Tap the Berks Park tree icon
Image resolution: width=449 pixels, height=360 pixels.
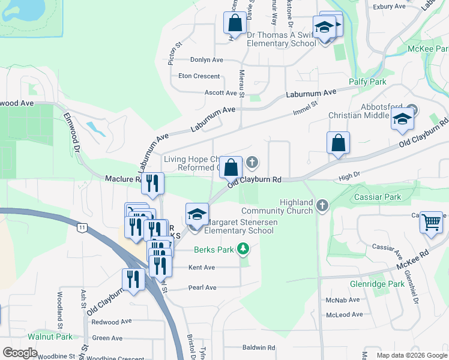[243, 248]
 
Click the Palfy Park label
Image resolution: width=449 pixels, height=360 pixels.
[367, 82]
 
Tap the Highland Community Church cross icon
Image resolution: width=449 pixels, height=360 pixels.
[322, 206]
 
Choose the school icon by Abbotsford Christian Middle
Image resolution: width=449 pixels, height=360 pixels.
[402, 119]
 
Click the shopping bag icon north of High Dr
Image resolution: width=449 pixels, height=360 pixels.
[338, 143]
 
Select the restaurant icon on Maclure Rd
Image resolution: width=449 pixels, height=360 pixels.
[152, 182]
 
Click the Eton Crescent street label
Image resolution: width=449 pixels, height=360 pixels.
[199, 76]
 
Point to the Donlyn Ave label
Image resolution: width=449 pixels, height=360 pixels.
[206, 60]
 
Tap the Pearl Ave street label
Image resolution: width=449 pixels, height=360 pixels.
[202, 287]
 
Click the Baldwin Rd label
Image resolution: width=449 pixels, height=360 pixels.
[258, 347]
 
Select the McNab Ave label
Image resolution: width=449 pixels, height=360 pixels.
[342, 299]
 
